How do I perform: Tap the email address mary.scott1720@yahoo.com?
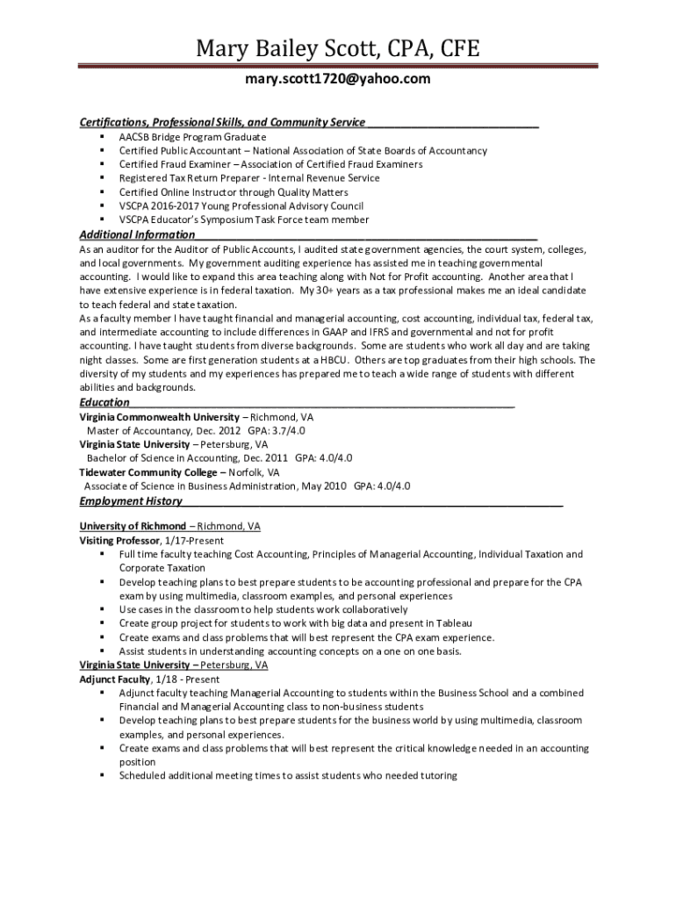coord(338,80)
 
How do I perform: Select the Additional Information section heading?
coord(137,234)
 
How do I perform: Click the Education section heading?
coord(104,402)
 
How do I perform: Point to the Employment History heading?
coord(131,501)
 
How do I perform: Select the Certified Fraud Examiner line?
coord(270,164)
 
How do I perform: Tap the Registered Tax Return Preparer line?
coord(249,177)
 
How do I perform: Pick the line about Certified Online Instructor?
coord(234,191)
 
